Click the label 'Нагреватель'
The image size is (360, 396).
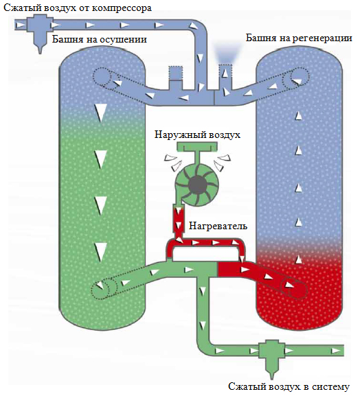pos(218,226)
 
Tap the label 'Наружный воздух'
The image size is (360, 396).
pos(197,135)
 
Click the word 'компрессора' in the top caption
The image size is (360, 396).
pos(122,8)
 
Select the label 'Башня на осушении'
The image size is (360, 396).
pos(100,39)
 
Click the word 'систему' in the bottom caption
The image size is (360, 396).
pos(330,386)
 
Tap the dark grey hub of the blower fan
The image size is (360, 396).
pos(198,184)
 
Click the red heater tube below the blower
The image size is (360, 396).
pos(179,219)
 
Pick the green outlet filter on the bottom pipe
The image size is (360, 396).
pos(272,358)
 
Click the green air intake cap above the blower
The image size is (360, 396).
pos(197,147)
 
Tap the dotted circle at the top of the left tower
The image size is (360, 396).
pos(102,76)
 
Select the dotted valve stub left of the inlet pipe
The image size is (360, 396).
pos(176,73)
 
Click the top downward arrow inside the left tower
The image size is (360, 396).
pos(100,113)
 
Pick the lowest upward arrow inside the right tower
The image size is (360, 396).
pos(299,259)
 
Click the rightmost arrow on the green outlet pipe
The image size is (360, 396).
pos(336,351)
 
